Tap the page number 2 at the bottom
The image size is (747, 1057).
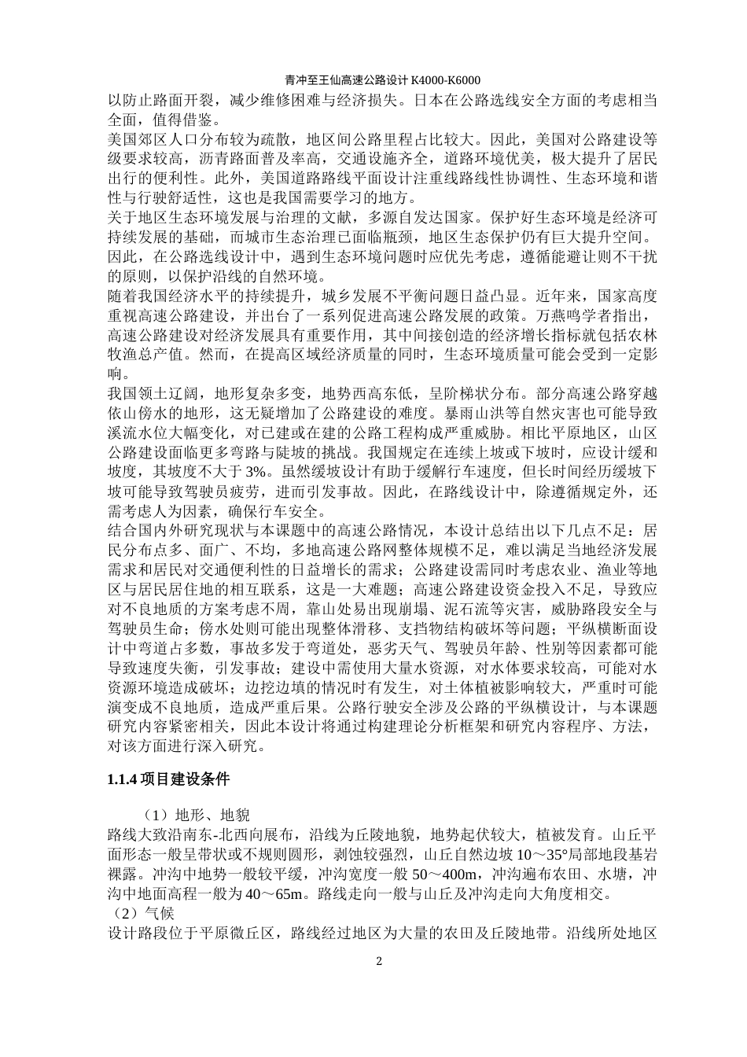pyautogui.click(x=379, y=961)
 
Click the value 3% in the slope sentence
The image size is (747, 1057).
pyautogui.click(x=235, y=471)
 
